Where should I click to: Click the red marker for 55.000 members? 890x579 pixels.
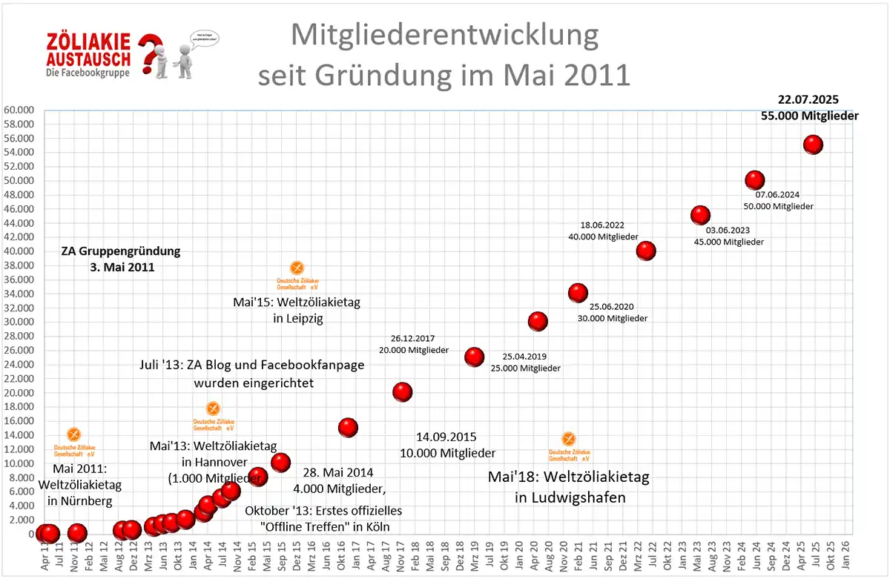click(x=813, y=145)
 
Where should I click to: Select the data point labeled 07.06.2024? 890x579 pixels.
click(x=754, y=180)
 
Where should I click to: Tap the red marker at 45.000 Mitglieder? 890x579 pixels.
click(x=700, y=215)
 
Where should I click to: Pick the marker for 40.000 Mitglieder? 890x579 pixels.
click(x=646, y=251)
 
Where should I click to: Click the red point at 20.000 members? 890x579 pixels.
click(x=402, y=392)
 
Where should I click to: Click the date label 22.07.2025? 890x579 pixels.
click(x=808, y=99)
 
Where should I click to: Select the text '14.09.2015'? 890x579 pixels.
click(x=446, y=437)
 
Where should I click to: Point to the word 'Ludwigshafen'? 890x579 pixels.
click(x=570, y=497)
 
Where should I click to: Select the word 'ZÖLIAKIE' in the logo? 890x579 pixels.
click(x=88, y=42)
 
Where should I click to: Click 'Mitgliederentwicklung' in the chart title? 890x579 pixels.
click(x=444, y=35)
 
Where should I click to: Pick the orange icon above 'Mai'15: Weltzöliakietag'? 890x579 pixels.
click(x=297, y=268)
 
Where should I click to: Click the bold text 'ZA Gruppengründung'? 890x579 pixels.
click(x=120, y=251)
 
